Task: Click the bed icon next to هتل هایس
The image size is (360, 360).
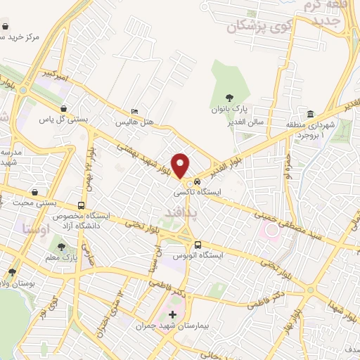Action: pyautogui.click(x=134, y=112)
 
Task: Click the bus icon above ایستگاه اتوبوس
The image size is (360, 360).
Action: pyautogui.click(x=197, y=245)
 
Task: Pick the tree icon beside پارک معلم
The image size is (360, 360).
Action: pyautogui.click(x=61, y=247)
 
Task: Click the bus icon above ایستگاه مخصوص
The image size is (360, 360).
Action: pyautogui.click(x=82, y=207)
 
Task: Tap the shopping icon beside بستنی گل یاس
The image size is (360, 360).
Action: pyautogui.click(x=64, y=109)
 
